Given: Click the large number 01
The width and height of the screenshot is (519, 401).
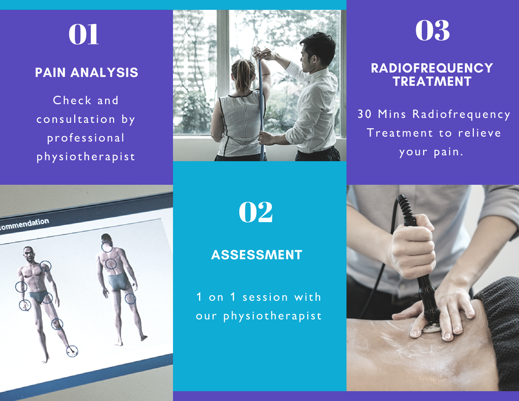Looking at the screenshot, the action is pos(84,34).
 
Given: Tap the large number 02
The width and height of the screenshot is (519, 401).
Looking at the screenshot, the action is pos(256,212).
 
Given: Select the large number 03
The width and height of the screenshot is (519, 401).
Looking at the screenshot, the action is pos(432,30).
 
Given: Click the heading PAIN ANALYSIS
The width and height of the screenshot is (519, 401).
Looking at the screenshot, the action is pos(86,72).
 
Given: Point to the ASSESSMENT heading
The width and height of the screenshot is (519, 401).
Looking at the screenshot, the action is pos(257,255).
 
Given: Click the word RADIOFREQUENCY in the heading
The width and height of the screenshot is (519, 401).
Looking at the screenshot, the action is pos(432,68).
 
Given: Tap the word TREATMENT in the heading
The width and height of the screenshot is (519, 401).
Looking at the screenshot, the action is pos(432,82).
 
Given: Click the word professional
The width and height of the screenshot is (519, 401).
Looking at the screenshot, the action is pos(86,138).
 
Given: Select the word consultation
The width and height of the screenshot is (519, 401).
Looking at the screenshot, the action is pos(76,119).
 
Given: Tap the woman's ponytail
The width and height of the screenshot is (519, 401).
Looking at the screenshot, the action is pos(243,74).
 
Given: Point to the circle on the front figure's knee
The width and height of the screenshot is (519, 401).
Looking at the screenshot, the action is pos(58,324).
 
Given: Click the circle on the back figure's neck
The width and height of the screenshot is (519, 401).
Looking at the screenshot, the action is pos(107,247).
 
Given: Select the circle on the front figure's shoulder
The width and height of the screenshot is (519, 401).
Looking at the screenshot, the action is pos(45,266).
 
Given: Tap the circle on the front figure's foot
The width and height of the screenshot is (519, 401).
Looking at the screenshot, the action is pos(72,351).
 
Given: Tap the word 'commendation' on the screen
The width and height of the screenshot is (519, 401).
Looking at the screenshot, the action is pos(24,224).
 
